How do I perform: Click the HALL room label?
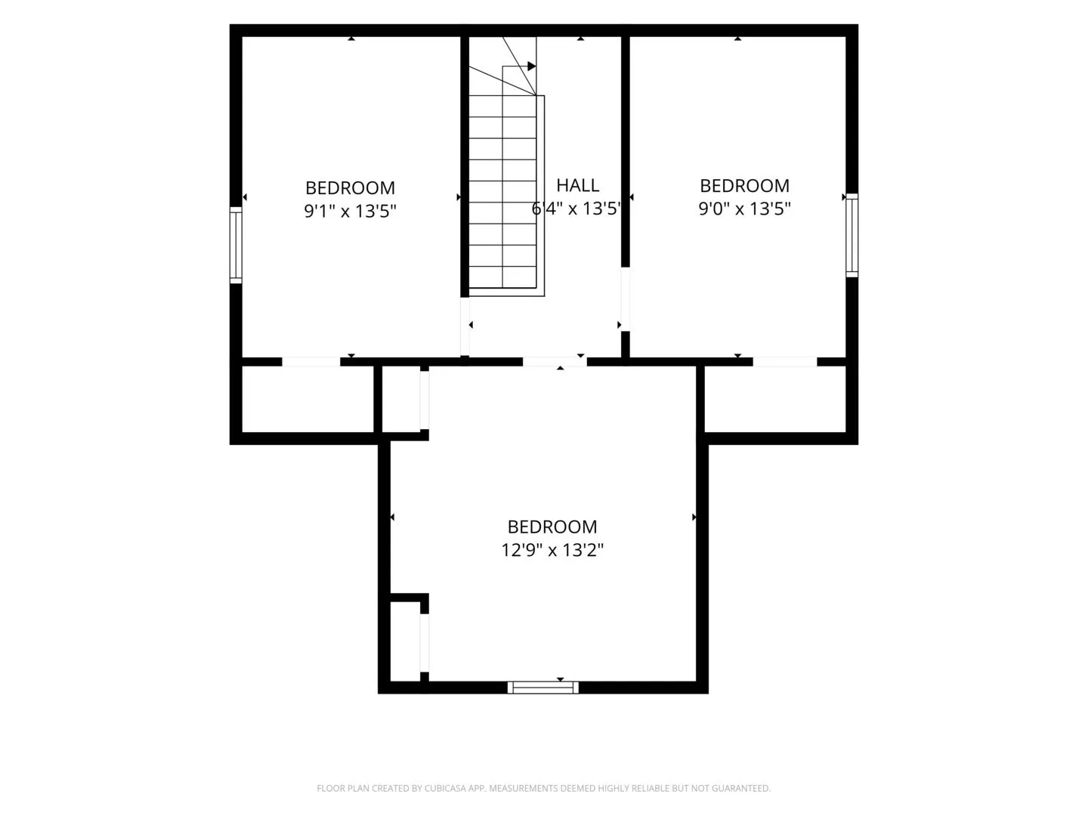click(x=577, y=185)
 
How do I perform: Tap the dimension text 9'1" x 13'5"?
click(x=351, y=211)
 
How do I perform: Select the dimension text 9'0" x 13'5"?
click(x=744, y=209)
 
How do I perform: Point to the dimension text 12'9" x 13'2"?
click(x=552, y=550)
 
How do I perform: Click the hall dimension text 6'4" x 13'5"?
click(x=576, y=209)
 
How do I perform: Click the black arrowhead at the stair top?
click(x=532, y=66)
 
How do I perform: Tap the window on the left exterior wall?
click(x=236, y=246)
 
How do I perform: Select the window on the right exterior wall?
click(x=852, y=235)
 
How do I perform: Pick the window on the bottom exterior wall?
click(x=542, y=688)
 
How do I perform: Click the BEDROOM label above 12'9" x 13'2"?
click(x=552, y=527)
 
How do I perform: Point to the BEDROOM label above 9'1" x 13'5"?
click(x=350, y=188)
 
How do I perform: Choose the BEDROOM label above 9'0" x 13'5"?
click(x=744, y=186)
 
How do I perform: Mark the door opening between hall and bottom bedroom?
click(x=555, y=362)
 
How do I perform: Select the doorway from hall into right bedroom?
click(x=626, y=299)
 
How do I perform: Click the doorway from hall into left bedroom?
click(x=465, y=326)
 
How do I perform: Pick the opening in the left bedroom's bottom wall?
click(x=311, y=362)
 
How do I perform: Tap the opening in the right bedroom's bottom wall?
click(x=785, y=362)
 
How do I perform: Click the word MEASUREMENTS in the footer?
click(x=524, y=788)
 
